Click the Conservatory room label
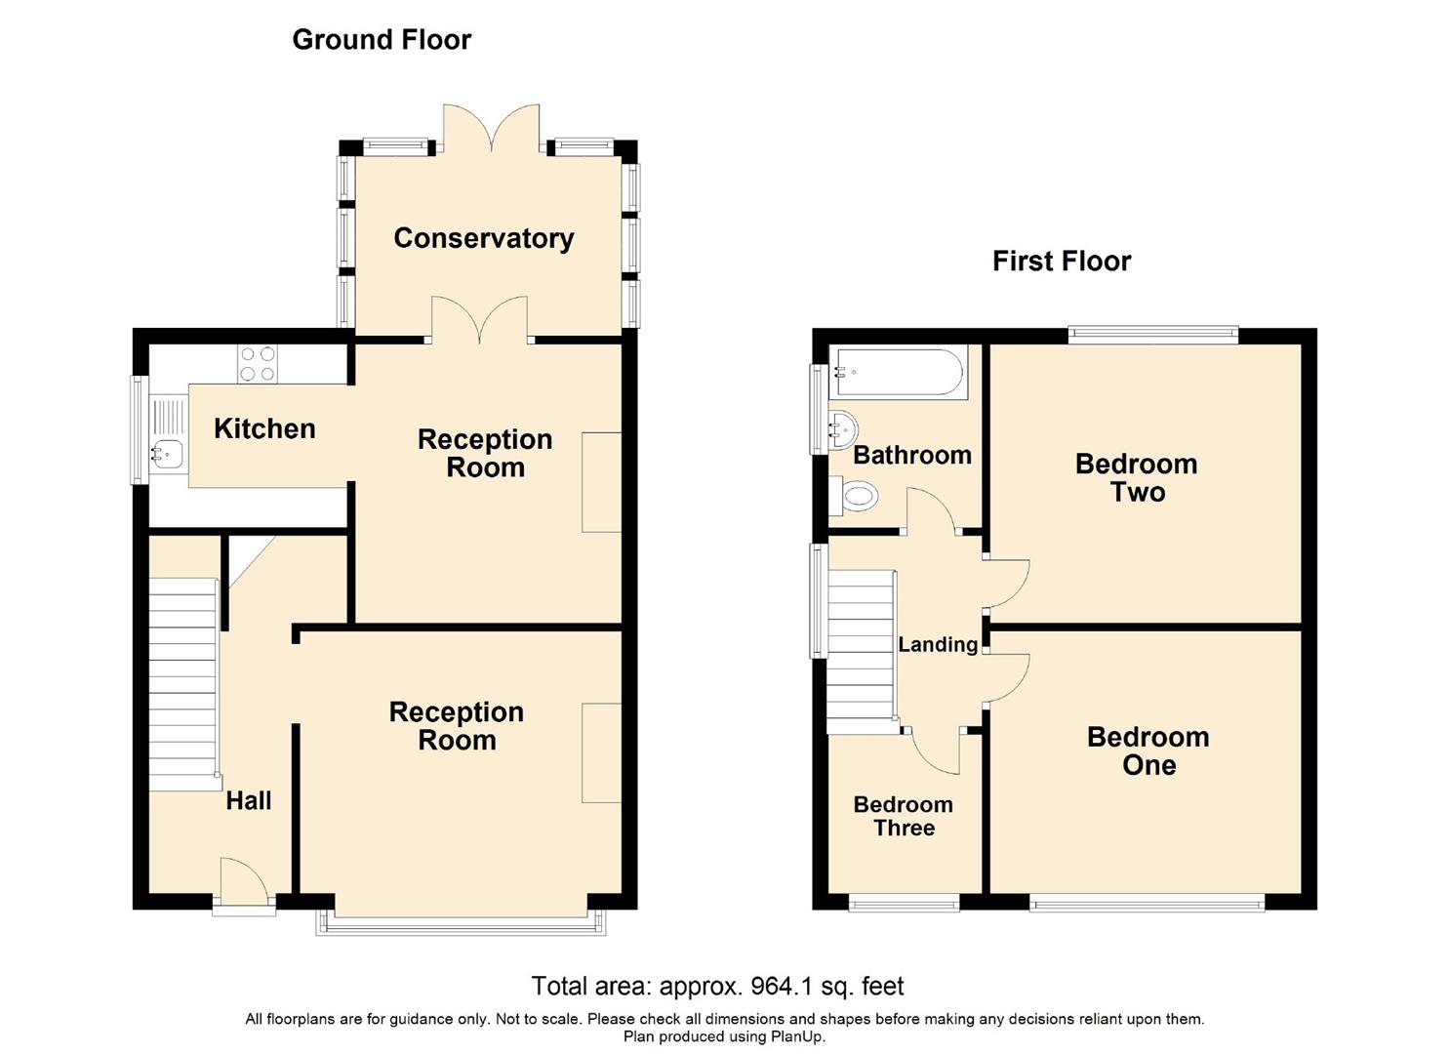tap(484, 239)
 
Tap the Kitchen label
tap(264, 429)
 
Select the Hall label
tap(249, 801)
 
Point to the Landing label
tap(938, 644)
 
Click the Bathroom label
tap(912, 455)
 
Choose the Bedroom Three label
tap(904, 816)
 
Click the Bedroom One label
tap(1148, 751)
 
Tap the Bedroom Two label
tap(1137, 478)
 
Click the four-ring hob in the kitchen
tap(259, 364)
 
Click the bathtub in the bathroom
tap(900, 372)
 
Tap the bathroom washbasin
tap(843, 430)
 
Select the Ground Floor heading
tap(382, 40)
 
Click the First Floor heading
tap(1062, 262)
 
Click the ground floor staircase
tap(183, 684)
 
